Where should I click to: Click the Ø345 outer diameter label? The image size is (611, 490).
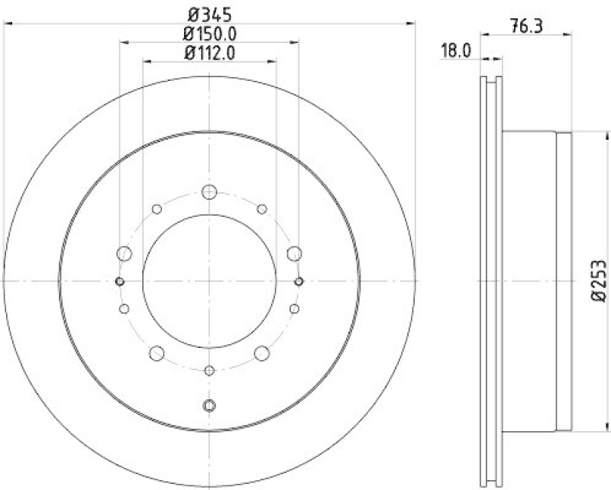coord(209,13)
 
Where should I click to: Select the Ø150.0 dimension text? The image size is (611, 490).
coord(209,33)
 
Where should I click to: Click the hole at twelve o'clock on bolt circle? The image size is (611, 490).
coord(209,192)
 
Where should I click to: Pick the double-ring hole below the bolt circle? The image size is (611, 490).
coord(209,405)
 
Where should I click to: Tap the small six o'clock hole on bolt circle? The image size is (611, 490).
coord(209,371)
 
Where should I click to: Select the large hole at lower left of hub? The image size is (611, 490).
coord(157,353)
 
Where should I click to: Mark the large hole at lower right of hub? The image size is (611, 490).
coord(262,353)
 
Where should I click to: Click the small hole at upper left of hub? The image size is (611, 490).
coord(157,209)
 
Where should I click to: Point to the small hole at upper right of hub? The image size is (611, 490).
coord(262,209)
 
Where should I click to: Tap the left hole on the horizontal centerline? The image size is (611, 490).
coord(119,282)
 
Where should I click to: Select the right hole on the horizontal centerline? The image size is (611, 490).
coord(299,282)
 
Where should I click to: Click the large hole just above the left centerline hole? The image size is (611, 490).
coord(124,253)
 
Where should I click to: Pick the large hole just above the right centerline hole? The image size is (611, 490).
coord(293,253)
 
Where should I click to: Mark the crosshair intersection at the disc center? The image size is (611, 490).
coord(209,282)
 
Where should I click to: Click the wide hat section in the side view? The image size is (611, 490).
coord(535,281)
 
